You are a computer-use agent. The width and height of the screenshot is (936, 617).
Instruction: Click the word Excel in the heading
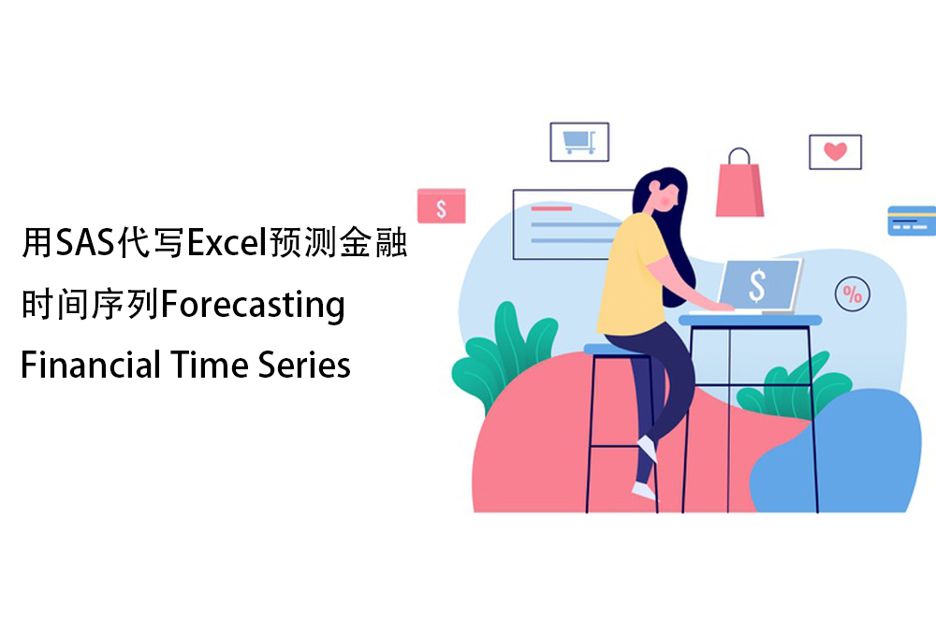coord(227,242)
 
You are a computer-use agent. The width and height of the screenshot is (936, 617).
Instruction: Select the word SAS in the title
coord(85,242)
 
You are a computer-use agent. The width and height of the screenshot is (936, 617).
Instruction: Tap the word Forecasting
coord(253,305)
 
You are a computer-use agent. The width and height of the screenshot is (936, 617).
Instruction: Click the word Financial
coord(91,365)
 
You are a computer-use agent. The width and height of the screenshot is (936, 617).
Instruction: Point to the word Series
coord(304,365)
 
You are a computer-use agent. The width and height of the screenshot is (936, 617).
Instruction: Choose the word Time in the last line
coord(209,365)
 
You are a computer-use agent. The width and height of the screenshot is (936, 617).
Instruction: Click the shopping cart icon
coord(579,142)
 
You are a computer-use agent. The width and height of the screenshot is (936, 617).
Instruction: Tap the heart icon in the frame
coord(835,151)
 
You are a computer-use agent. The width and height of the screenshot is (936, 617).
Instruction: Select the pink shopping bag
coord(739,182)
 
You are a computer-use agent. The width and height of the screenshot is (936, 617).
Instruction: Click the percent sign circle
coord(852,294)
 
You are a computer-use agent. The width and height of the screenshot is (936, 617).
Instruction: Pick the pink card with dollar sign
coord(441,207)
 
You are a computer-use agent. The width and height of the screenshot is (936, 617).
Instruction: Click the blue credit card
coord(912,221)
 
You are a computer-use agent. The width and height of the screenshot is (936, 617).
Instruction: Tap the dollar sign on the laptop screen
coord(757,285)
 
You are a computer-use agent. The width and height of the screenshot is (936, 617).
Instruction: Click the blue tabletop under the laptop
coord(751,320)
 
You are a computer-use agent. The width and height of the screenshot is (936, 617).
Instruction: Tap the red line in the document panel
coord(551,208)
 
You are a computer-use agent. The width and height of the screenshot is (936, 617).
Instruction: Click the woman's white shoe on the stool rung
coord(648,449)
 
